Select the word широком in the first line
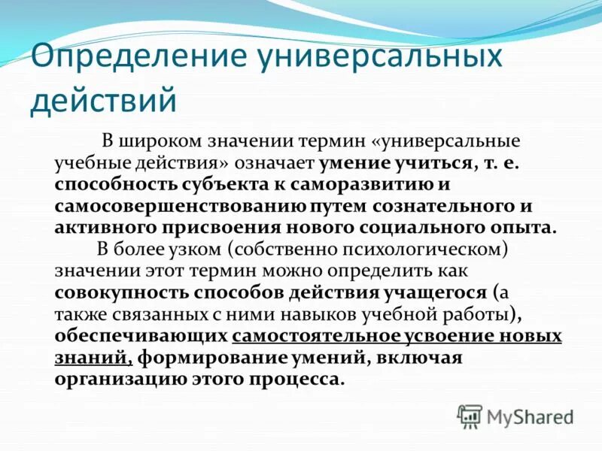(x=157, y=141)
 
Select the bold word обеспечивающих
(x=141, y=335)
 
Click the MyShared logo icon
(x=470, y=416)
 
